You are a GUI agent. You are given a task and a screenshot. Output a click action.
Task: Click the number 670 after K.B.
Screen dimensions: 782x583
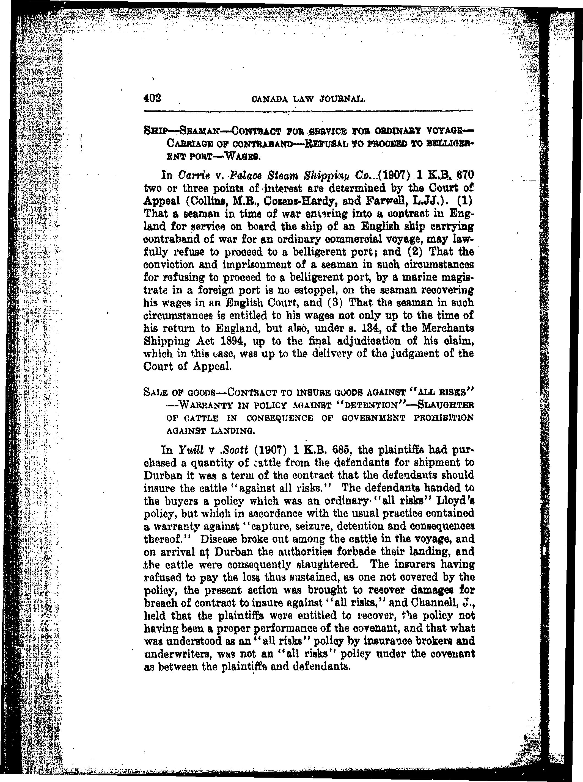463,174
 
